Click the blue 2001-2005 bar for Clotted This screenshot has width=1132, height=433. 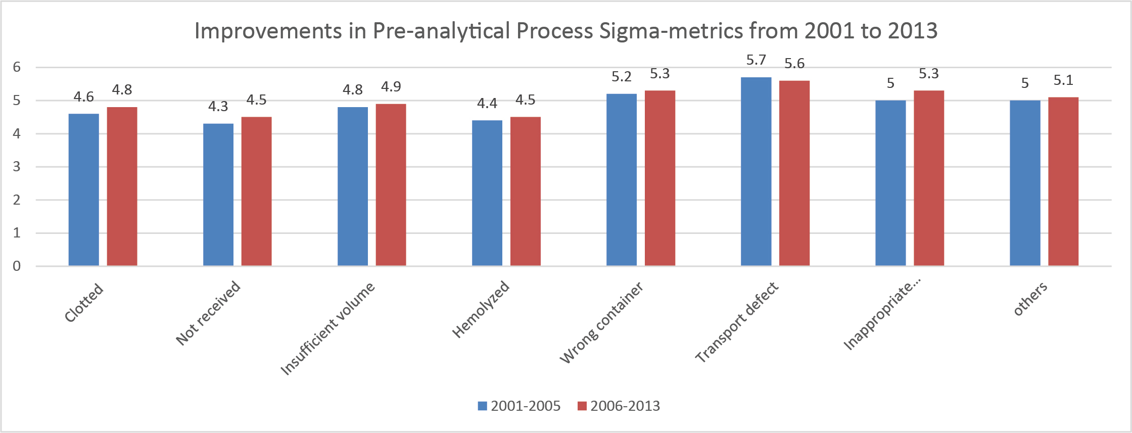pyautogui.click(x=84, y=189)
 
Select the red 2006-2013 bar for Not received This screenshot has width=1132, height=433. pyautogui.click(x=256, y=191)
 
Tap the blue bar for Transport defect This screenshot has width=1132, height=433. pyautogui.click(x=756, y=172)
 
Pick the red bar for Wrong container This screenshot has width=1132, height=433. pyautogui.click(x=659, y=178)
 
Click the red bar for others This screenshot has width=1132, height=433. pyautogui.click(x=1063, y=181)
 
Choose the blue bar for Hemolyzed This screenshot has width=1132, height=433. pyautogui.click(x=487, y=193)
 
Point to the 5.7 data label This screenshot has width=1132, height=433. pyautogui.click(x=756, y=60)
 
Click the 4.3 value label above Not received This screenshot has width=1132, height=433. pyautogui.click(x=218, y=107)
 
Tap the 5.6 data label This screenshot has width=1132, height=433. pyautogui.click(x=794, y=64)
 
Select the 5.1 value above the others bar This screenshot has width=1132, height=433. pyautogui.click(x=1063, y=80)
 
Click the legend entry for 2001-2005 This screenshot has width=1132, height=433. pyautogui.click(x=519, y=406)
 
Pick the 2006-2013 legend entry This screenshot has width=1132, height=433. pyautogui.click(x=619, y=406)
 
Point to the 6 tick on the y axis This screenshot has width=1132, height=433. pyautogui.click(x=17, y=67)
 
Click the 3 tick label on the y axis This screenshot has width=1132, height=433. pyautogui.click(x=17, y=167)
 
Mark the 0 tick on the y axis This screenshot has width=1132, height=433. pyautogui.click(x=17, y=266)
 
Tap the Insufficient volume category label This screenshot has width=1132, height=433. pyautogui.click(x=327, y=329)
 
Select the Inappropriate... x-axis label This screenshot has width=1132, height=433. pyautogui.click(x=882, y=316)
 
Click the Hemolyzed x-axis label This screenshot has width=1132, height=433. pyautogui.click(x=481, y=309)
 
